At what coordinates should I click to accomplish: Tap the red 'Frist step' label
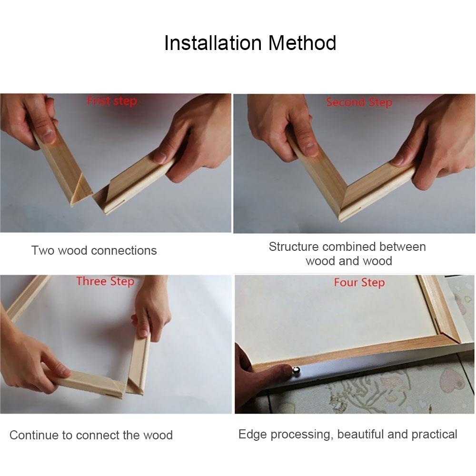[x=112, y=101]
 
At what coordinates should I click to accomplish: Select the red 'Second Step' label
[x=359, y=102]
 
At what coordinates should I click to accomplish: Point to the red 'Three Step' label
[x=105, y=281]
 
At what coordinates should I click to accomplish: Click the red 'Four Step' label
[x=359, y=283]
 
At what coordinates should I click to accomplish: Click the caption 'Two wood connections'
[x=94, y=250]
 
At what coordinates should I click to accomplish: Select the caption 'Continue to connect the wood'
[x=91, y=435]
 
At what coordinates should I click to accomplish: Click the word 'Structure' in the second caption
[x=294, y=247]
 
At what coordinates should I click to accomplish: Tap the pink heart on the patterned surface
[x=450, y=381]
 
